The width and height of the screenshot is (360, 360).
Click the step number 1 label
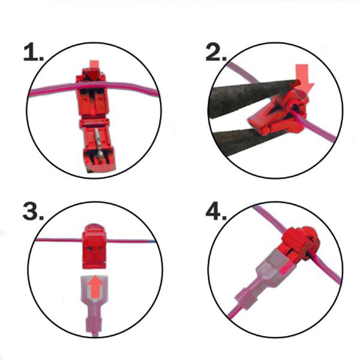tap(33, 53)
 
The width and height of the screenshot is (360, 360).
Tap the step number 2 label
tap(216, 53)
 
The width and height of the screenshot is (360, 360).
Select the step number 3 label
tap(33, 211)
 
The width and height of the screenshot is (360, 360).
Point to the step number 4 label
tap(216, 211)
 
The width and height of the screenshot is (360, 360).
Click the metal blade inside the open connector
tap(98, 142)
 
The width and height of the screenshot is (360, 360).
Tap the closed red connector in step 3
tap(94, 246)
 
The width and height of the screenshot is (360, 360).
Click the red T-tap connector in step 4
tap(298, 244)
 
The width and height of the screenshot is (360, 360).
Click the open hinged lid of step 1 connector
tap(98, 146)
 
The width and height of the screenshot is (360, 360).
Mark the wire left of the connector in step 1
tap(53, 90)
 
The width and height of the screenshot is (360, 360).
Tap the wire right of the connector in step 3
tap(131, 241)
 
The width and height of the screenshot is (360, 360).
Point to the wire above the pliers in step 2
tap(242, 73)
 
